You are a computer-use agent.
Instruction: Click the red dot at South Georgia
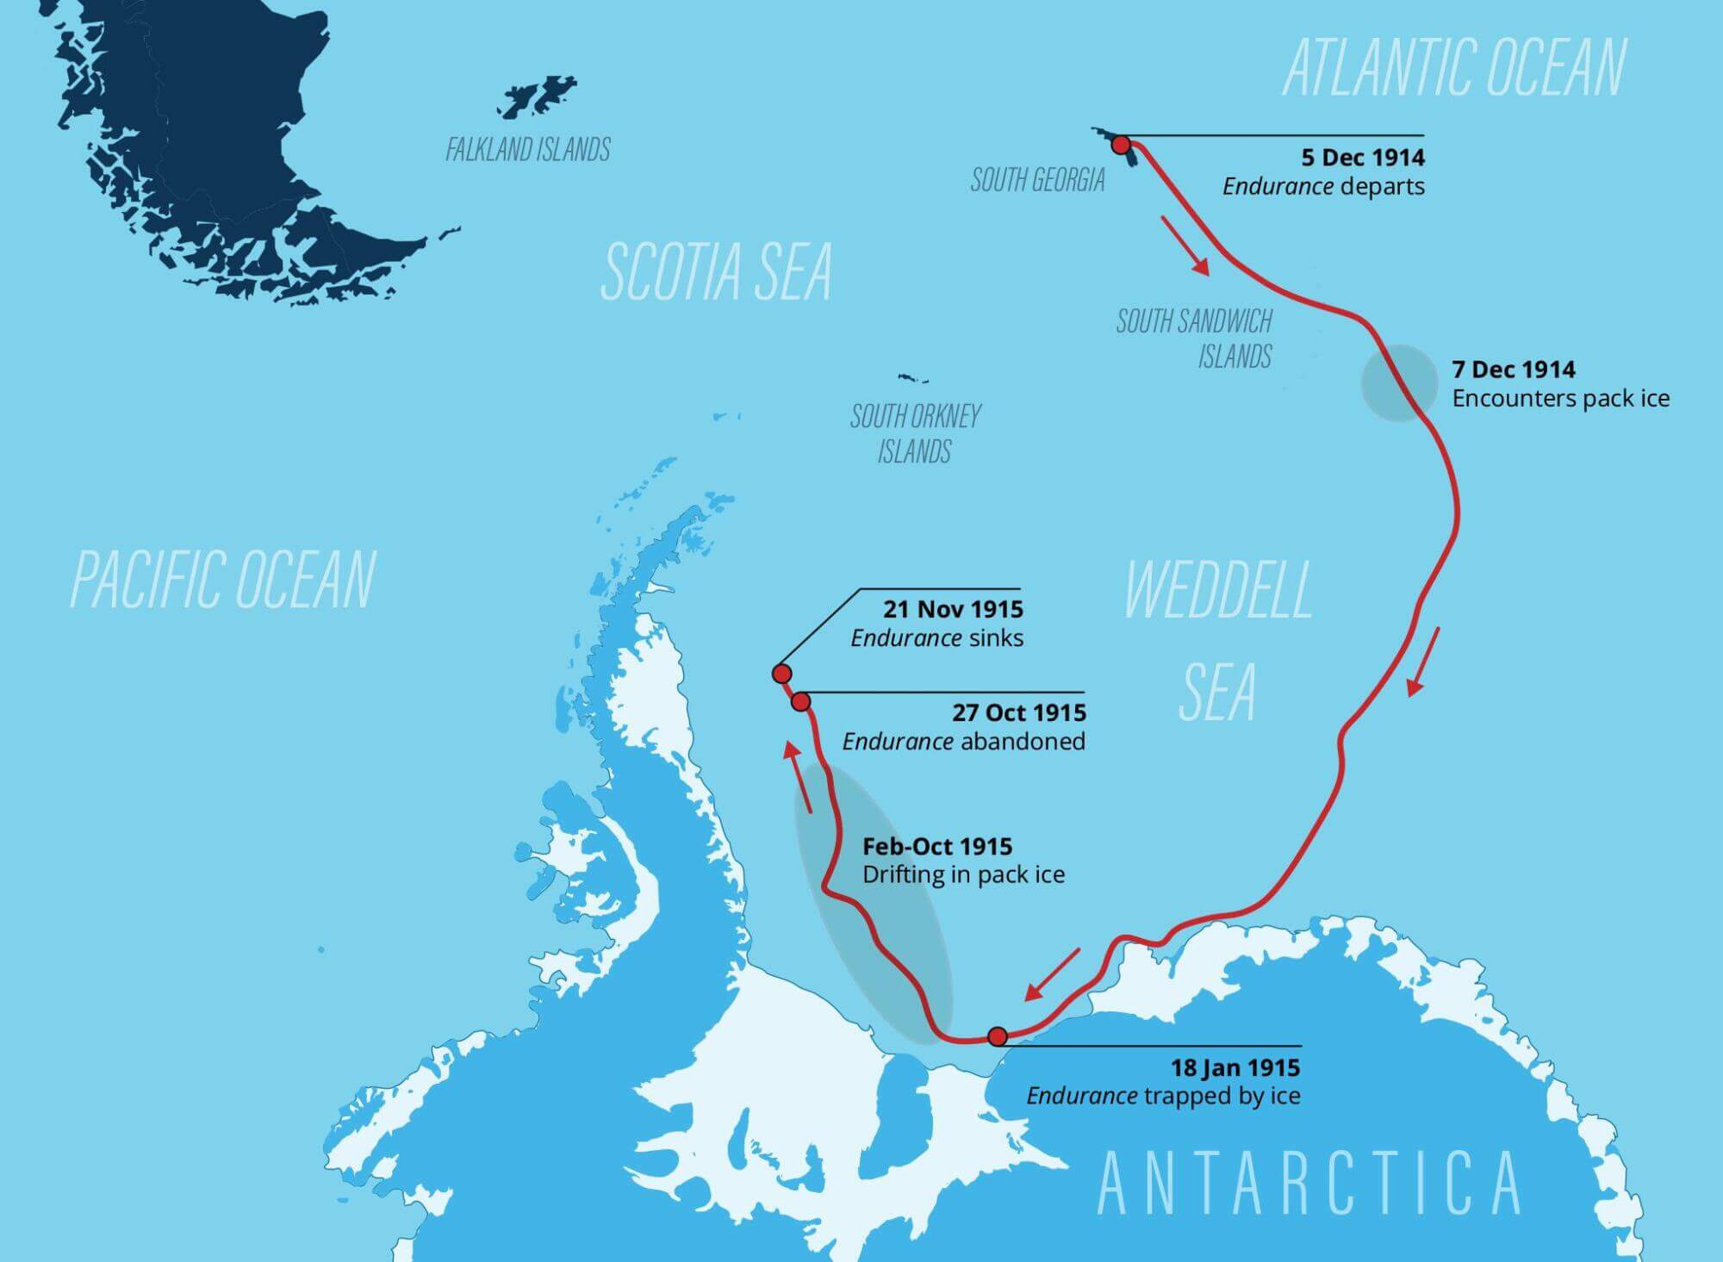1121,145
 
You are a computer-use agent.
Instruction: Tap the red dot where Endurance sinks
781,674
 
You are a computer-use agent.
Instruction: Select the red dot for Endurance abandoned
801,702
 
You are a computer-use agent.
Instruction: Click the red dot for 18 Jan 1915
998,1035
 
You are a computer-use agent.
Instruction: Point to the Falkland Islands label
527,150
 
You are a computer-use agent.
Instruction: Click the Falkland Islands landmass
538,97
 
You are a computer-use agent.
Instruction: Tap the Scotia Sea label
716,271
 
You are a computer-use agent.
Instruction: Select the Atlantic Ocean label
1454,67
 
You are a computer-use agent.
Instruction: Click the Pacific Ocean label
222,580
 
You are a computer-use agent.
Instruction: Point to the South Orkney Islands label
915,433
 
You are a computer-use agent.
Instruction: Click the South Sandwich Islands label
1194,339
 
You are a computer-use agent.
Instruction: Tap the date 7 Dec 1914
1514,370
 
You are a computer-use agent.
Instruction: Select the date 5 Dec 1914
1363,158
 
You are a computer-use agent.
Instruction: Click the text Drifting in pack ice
963,874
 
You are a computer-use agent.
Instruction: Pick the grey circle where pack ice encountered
1399,383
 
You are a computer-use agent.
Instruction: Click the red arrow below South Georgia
1185,246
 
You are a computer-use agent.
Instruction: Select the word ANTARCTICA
1309,1184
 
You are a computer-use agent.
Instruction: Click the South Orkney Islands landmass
912,378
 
